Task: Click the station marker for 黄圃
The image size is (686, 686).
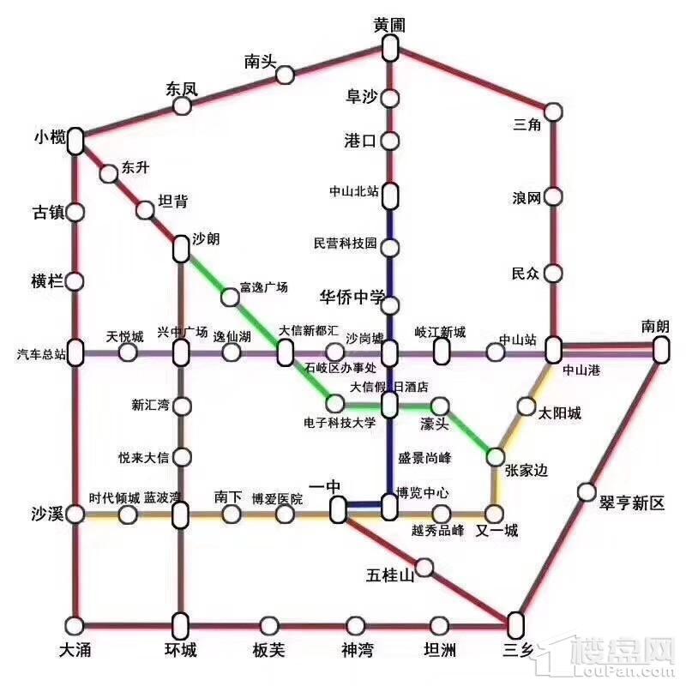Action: (x=390, y=48)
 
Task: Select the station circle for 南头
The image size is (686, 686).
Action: (x=285, y=75)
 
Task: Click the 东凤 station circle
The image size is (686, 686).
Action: (x=182, y=105)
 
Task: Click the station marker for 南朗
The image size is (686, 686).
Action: (x=660, y=349)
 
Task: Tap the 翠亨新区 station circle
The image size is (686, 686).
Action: (x=587, y=491)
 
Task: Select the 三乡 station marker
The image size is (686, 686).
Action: (x=515, y=623)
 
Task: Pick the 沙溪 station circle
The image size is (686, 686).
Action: (x=75, y=514)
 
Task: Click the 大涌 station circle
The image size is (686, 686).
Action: (x=75, y=624)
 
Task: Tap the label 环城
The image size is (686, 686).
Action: (x=181, y=650)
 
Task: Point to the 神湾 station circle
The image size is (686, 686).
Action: (x=356, y=625)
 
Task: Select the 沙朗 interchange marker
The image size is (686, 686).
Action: (x=181, y=249)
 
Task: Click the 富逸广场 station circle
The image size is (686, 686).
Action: (x=230, y=298)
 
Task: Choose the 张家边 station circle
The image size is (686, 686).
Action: (x=495, y=456)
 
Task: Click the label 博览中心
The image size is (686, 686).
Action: (x=423, y=493)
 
